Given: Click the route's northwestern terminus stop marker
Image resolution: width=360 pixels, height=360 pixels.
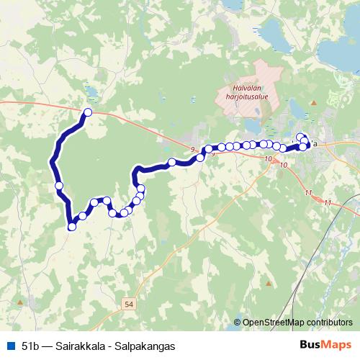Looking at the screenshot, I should (88, 112).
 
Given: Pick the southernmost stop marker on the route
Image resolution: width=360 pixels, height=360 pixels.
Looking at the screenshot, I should (71, 227).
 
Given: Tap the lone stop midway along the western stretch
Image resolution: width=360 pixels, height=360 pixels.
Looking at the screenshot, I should (59, 186).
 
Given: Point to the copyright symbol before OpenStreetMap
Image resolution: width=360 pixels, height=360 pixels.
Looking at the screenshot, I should (238, 323).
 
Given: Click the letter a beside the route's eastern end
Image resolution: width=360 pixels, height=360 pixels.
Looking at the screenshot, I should (315, 143).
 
